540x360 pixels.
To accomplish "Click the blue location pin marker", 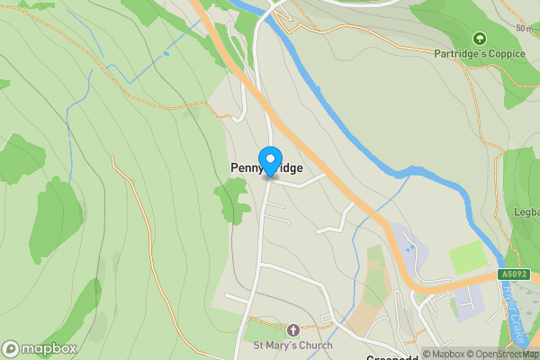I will click(269, 161).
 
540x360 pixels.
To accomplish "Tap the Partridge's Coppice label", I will click(479, 54).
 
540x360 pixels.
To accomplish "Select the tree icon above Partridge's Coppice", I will click(479, 39).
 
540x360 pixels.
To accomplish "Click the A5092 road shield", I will click(514, 274).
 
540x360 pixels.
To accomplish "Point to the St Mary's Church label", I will click(292, 346).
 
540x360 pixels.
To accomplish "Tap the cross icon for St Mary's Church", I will click(292, 331).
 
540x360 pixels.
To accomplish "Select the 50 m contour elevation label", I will click(524, 28).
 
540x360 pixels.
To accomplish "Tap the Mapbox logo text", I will click(49, 349).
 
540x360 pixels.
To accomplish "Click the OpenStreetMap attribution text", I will click(504, 354).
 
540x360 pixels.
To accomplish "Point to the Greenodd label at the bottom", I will click(393, 357).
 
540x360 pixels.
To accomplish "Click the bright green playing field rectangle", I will click(467, 258).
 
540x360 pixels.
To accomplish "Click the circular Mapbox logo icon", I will click(11, 349).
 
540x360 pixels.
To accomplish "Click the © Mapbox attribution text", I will click(445, 354).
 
